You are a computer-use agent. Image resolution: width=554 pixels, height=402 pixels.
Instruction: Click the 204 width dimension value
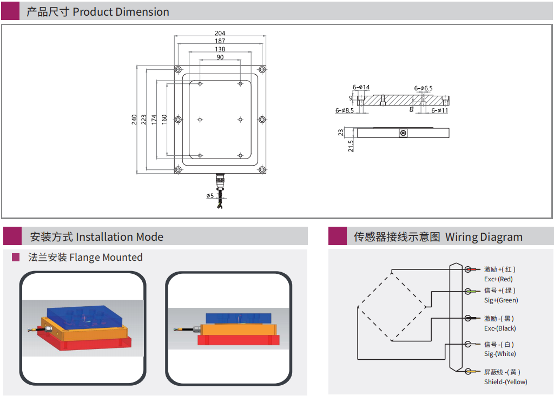(x=220, y=33)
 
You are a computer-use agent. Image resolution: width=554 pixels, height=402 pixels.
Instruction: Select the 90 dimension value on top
(x=220, y=57)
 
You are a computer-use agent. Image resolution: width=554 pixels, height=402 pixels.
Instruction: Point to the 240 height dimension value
(x=134, y=120)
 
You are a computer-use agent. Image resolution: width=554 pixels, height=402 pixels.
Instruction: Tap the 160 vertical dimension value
(x=163, y=120)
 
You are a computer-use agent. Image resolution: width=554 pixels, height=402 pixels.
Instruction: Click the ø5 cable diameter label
(x=210, y=196)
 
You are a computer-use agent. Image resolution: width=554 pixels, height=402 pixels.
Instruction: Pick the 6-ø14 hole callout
(x=361, y=87)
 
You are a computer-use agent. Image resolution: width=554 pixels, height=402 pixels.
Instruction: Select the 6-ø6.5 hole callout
(x=424, y=88)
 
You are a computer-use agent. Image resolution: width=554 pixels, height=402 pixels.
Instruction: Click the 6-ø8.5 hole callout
(x=344, y=110)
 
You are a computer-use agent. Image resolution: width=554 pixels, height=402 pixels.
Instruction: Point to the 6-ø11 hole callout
(x=439, y=110)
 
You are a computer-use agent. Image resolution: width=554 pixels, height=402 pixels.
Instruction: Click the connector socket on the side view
(x=403, y=133)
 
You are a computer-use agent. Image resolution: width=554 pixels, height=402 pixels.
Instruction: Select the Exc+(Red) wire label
(x=498, y=279)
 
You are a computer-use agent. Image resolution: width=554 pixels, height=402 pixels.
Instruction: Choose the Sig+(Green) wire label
(x=500, y=300)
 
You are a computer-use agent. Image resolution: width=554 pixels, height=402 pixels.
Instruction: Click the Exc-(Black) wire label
(x=500, y=328)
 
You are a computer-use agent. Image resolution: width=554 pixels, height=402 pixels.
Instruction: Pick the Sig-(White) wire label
(x=500, y=354)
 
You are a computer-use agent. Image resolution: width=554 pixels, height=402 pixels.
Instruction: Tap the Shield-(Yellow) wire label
(x=505, y=382)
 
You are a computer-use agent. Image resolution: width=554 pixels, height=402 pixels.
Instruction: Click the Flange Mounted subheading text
(x=85, y=258)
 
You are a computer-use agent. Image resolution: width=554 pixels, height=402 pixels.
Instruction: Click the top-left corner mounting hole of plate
(x=178, y=70)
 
